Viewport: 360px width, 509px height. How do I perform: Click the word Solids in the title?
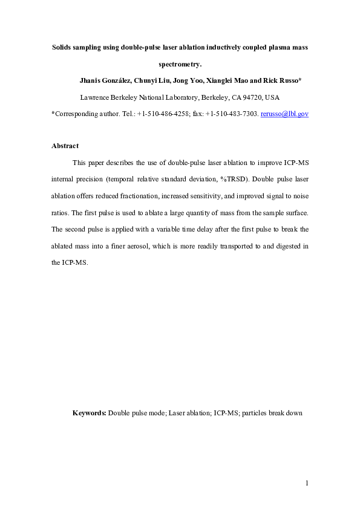63,47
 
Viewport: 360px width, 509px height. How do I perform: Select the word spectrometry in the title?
178,63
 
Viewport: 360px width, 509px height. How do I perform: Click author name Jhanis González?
106,80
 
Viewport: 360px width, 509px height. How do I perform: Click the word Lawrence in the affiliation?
97,97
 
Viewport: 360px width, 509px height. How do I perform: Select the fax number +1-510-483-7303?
232,114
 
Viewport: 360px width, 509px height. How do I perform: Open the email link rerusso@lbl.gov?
284,114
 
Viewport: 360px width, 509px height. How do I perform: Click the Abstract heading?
65,146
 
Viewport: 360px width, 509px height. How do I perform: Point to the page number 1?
307,482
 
